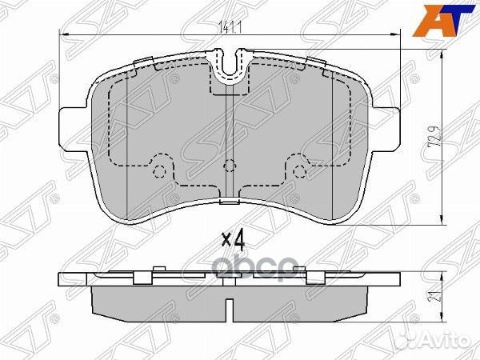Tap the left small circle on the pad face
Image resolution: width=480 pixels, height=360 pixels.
159,170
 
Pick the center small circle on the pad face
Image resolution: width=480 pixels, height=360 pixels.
230,166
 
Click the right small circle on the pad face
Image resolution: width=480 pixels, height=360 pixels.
302,170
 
